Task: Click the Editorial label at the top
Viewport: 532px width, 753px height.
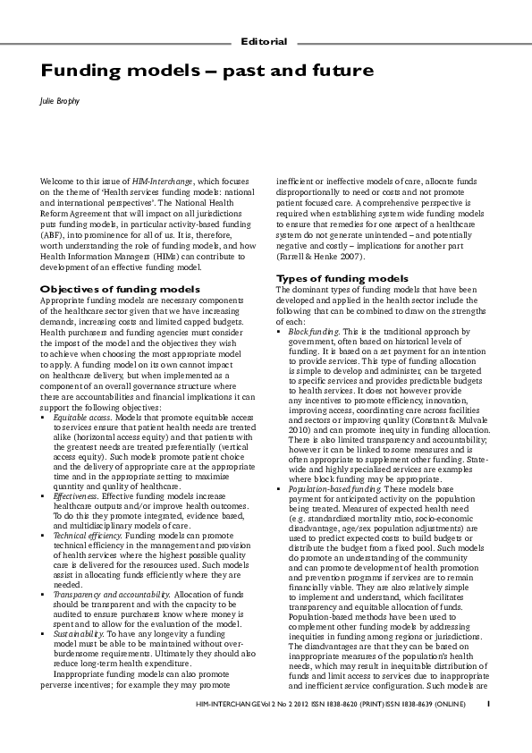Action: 264,42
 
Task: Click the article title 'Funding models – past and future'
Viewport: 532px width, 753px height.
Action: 207,70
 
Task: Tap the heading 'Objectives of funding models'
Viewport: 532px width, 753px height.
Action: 121,290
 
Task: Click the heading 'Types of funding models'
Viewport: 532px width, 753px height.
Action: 342,278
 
